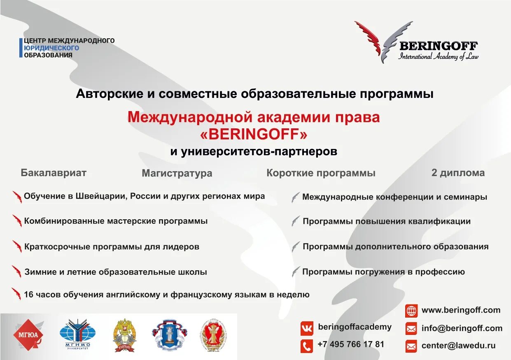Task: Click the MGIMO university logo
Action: click(77, 334)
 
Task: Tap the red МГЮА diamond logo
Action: click(28, 334)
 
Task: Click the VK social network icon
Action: click(306, 328)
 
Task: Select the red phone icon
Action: click(306, 346)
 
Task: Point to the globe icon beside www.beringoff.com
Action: click(411, 311)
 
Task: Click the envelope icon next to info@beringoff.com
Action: click(411, 328)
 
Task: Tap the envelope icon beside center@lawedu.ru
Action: click(411, 346)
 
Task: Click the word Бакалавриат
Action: click(54, 173)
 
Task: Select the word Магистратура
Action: click(177, 173)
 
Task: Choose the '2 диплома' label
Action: click(458, 173)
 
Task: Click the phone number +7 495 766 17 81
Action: click(351, 344)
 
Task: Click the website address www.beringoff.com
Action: click(461, 310)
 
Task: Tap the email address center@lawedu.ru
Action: click(458, 346)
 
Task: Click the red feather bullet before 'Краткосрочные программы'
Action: click(17, 246)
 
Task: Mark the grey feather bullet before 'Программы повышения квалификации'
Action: click(296, 221)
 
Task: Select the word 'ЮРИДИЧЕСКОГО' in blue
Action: click(51, 48)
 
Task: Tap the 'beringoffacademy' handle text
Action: click(355, 327)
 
